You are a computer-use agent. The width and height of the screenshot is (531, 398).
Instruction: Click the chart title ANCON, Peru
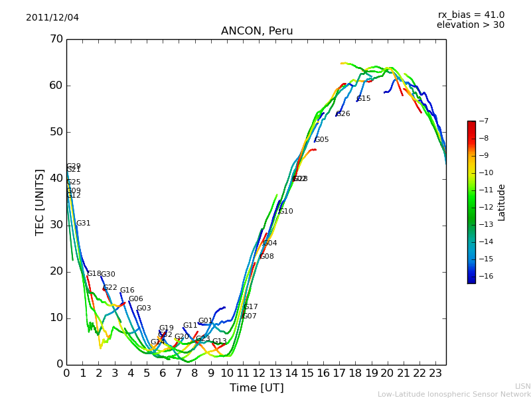click(257, 31)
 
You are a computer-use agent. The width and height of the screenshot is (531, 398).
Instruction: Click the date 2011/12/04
click(52, 18)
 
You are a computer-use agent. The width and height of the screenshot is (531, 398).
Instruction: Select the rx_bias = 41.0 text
click(471, 15)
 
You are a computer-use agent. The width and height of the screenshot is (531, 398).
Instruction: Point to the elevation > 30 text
click(470, 25)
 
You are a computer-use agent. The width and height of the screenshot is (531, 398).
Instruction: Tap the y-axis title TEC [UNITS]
click(40, 202)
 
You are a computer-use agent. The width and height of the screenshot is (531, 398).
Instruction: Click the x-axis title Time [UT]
click(256, 388)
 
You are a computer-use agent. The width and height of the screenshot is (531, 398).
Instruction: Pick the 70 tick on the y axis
click(56, 39)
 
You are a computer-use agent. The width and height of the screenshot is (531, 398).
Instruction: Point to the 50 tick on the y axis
click(56, 132)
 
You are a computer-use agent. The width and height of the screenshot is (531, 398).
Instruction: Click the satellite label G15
click(364, 99)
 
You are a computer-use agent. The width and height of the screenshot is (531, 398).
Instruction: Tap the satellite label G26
click(343, 114)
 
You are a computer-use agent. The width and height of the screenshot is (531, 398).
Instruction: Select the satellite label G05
click(322, 140)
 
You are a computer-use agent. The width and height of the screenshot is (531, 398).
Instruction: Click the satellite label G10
click(286, 212)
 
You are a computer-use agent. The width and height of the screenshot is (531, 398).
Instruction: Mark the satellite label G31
click(84, 224)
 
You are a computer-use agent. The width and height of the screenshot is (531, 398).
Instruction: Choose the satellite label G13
click(220, 342)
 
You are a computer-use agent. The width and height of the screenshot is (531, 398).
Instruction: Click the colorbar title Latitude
click(502, 202)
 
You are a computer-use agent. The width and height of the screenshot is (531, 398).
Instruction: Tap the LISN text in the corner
click(522, 386)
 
